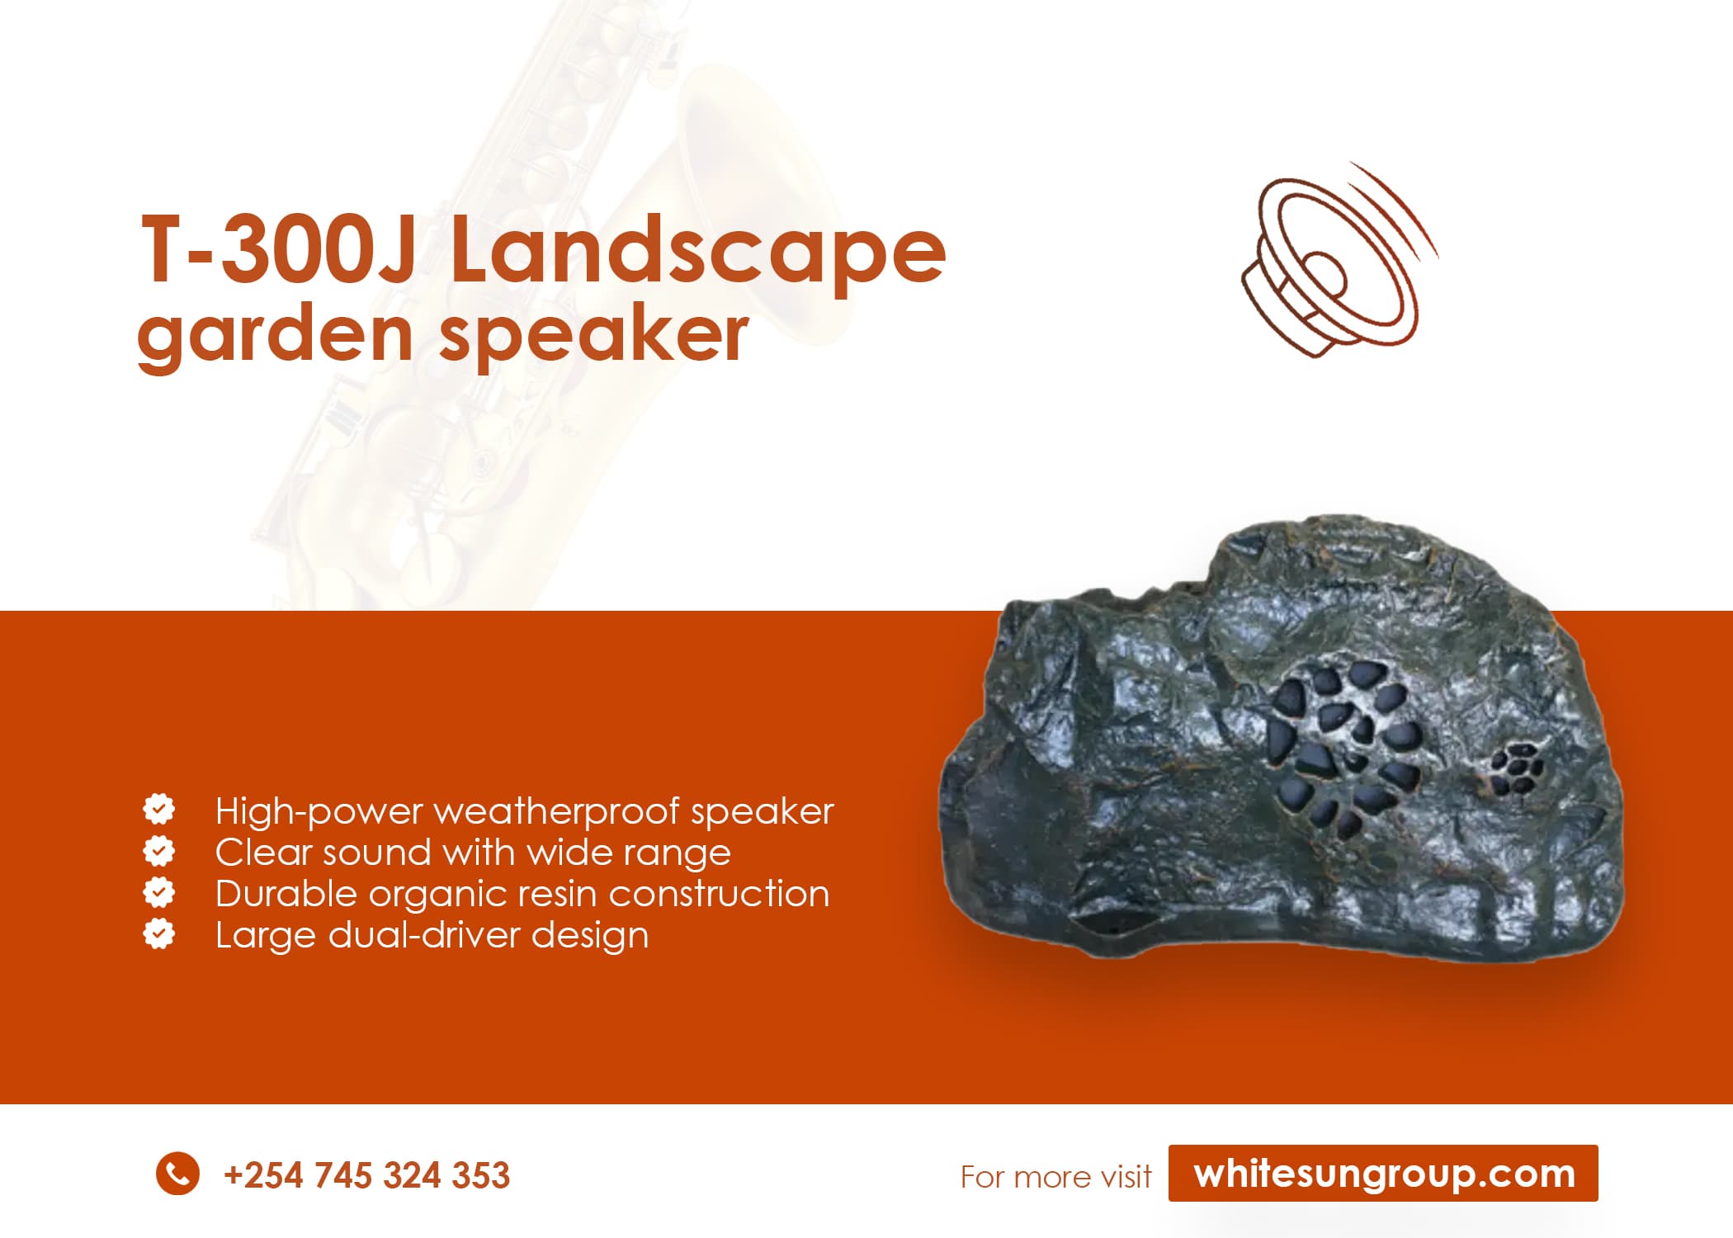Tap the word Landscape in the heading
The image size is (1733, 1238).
pyautogui.click(x=698, y=250)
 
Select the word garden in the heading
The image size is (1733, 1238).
pyautogui.click(x=275, y=336)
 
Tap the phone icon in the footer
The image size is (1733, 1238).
pyautogui.click(x=177, y=1173)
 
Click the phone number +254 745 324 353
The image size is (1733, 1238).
pyautogui.click(x=366, y=1175)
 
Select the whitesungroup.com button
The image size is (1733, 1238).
pyautogui.click(x=1383, y=1173)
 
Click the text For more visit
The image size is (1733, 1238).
pyautogui.click(x=1055, y=1177)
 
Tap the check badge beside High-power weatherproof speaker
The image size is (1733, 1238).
pyautogui.click(x=159, y=809)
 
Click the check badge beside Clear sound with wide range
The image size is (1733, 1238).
pyautogui.click(x=159, y=850)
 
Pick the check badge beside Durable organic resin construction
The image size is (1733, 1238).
pyautogui.click(x=159, y=891)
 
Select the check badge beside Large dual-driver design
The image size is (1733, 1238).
pyautogui.click(x=159, y=933)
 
